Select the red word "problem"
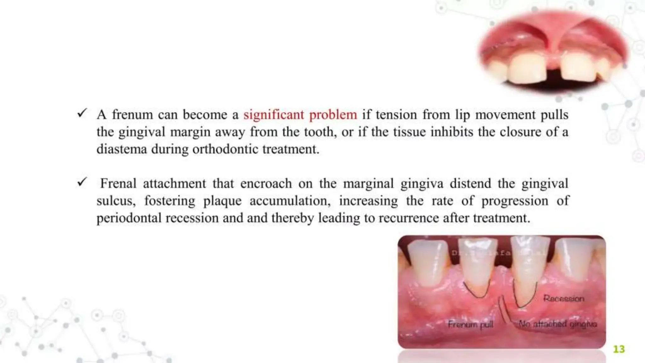click(333, 115)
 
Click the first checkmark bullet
click(82, 113)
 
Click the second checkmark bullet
click(82, 182)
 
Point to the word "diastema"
click(122, 149)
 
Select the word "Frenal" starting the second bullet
click(118, 184)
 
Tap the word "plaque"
click(222, 201)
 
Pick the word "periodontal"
click(129, 218)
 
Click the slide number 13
click(619, 349)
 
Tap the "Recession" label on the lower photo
click(563, 298)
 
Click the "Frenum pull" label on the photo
click(471, 324)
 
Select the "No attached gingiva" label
click(557, 324)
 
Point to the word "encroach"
click(266, 184)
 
